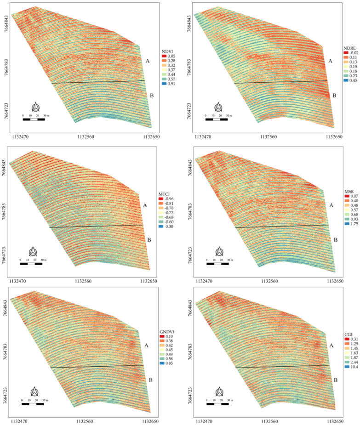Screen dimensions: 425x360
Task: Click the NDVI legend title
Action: pyautogui.click(x=168, y=50)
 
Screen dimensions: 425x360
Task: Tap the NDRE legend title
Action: pyautogui.click(x=350, y=48)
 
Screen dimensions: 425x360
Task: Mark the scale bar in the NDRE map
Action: pyautogui.click(x=216, y=107)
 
